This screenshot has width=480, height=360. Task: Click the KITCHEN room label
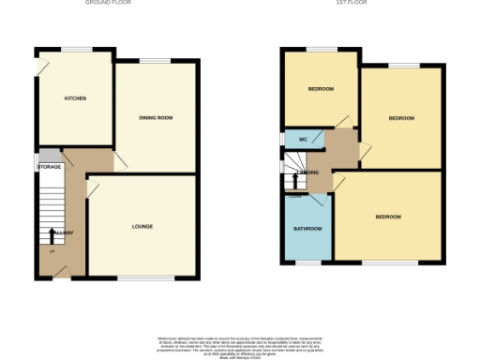75,97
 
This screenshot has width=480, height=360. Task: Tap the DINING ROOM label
156,117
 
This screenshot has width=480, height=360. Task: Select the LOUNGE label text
142,226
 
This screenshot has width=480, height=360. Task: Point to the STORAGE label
49,167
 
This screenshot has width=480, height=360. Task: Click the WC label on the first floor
303,140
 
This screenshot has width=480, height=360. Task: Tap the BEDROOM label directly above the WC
321,89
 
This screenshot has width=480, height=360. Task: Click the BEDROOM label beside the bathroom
388,217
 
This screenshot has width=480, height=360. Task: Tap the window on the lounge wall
145,277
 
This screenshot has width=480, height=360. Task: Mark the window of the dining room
155,62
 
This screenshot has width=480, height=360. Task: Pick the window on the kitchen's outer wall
76,48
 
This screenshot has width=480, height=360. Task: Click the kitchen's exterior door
40,66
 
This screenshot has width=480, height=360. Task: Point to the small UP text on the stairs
52,250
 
